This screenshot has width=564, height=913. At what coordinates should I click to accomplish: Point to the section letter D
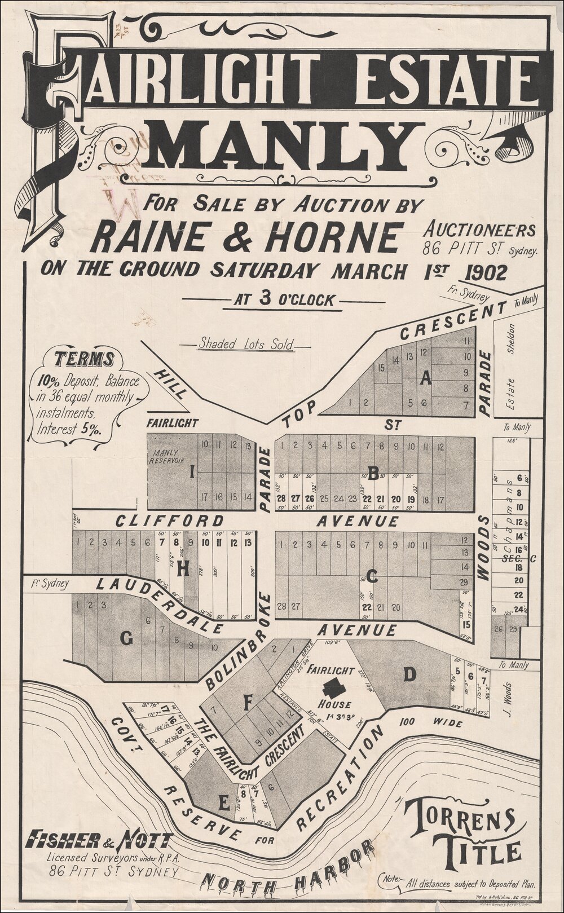pyautogui.click(x=409, y=673)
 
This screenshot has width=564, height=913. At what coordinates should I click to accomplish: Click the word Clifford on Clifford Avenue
pyautogui.click(x=169, y=520)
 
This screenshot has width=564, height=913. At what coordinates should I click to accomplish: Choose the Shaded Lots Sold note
pyautogui.click(x=245, y=345)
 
